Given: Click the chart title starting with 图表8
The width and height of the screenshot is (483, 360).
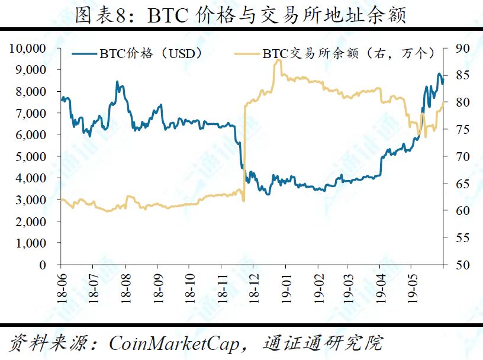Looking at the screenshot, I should pos(241,14).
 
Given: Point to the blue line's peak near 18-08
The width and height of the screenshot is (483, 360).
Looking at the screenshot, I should pos(117,82).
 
